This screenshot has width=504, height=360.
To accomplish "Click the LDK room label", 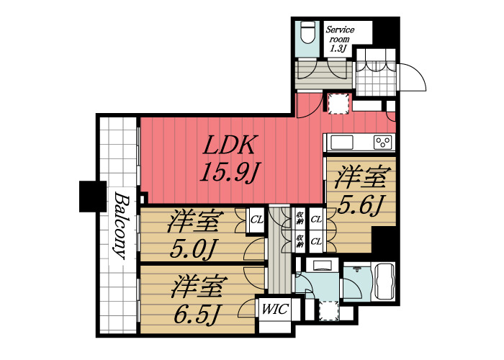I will pyautogui.click(x=229, y=146).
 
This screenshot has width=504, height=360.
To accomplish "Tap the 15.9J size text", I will pyautogui.click(x=229, y=174).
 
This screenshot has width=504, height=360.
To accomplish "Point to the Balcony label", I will pyautogui.click(x=120, y=226).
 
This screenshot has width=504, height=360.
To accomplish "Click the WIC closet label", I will pyautogui.click(x=274, y=310).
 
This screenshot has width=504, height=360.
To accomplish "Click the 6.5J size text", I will pyautogui.click(x=195, y=313).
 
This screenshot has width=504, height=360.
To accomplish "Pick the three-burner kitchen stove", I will pyautogui.click(x=383, y=141).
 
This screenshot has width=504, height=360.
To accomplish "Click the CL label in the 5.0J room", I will pyautogui.click(x=256, y=220).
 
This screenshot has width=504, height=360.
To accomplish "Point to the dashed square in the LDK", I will pyautogui.click(x=338, y=103).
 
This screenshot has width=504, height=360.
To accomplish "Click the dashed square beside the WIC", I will pyautogui.click(x=328, y=311).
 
